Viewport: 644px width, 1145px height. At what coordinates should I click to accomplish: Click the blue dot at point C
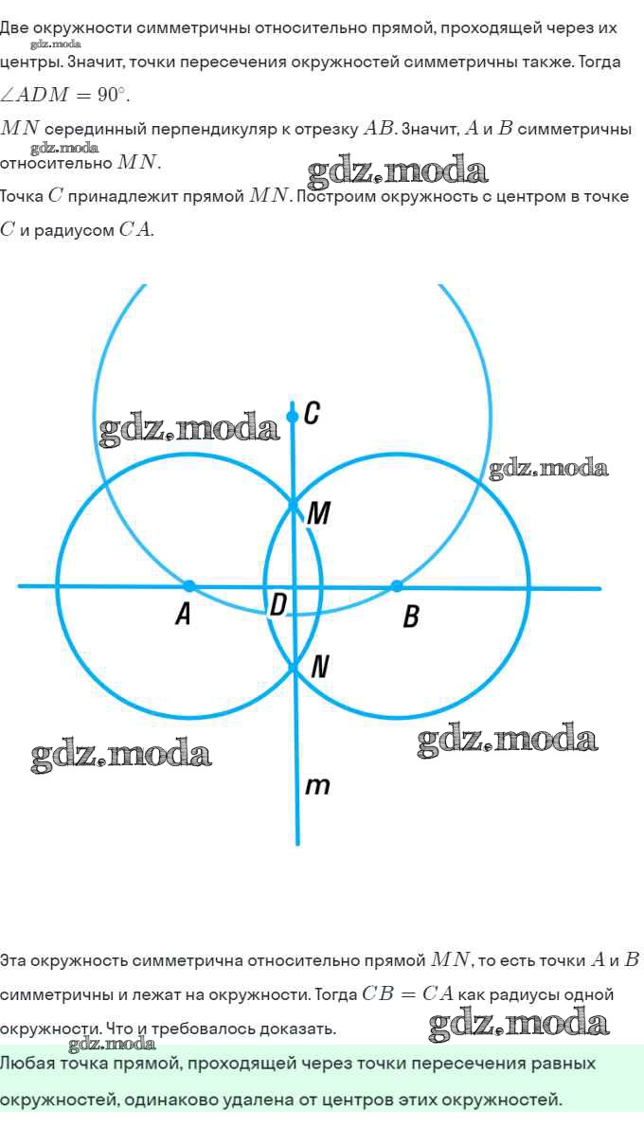[x=293, y=417]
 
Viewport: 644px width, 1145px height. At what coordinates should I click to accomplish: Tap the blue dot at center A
[x=189, y=585]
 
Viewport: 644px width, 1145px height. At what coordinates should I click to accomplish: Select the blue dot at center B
[x=397, y=585]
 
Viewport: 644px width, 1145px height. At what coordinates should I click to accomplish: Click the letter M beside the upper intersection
[x=319, y=514]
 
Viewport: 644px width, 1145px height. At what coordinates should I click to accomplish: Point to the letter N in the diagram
[x=320, y=667]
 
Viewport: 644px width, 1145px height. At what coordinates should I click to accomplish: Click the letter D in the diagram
[x=278, y=604]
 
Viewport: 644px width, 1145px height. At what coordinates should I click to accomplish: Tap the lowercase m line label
[x=318, y=785]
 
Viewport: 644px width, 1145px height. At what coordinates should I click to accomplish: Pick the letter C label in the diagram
[x=312, y=413]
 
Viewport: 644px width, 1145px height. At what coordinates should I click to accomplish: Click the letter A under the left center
[x=184, y=616]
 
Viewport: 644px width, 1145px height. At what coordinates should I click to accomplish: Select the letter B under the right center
[x=411, y=617]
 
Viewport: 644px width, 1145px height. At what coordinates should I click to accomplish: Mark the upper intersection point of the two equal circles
[x=294, y=502]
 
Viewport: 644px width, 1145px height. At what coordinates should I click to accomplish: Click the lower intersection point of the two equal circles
[x=295, y=670]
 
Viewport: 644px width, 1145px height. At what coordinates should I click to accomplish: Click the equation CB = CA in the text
[x=408, y=994]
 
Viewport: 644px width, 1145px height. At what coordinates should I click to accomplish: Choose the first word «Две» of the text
[x=15, y=27]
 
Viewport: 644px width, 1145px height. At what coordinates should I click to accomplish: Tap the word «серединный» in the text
[x=94, y=129]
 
